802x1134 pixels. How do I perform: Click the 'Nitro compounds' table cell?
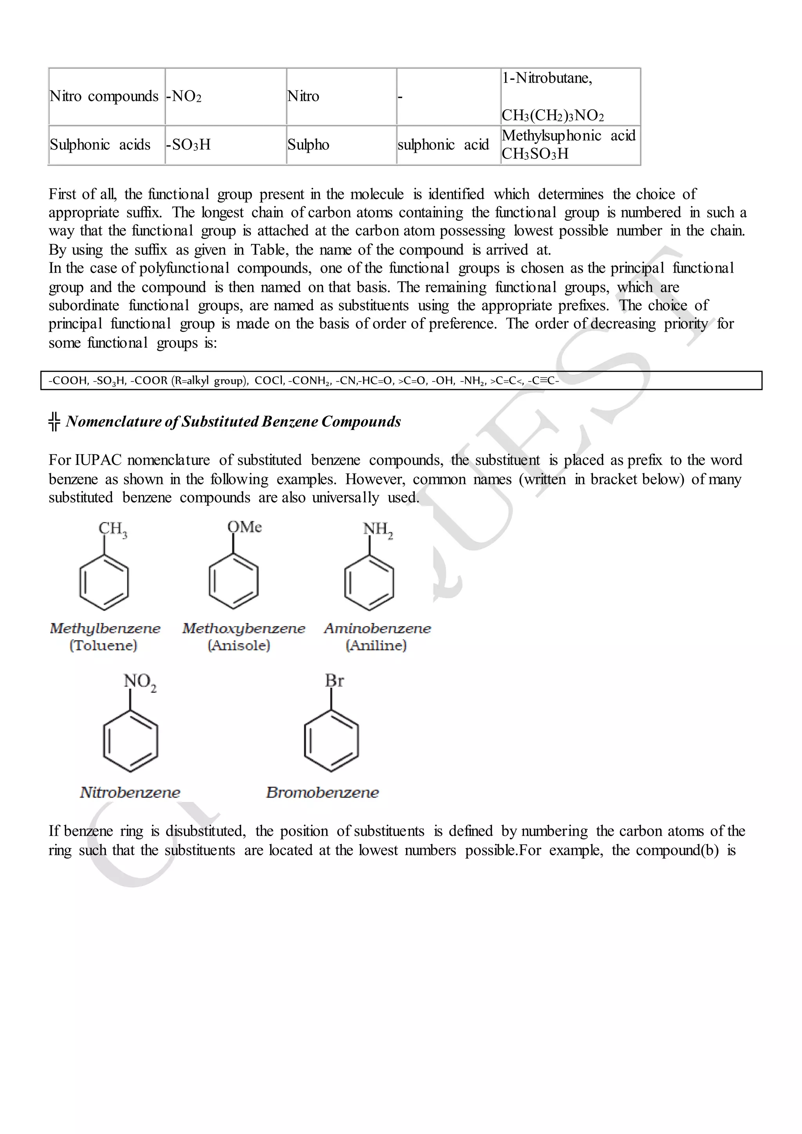click(104, 96)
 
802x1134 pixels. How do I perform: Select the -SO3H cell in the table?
click(189, 145)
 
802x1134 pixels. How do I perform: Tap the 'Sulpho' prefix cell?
click(308, 145)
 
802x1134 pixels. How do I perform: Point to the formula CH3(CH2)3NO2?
click(553, 116)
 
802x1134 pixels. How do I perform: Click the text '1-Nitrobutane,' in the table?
click(547, 78)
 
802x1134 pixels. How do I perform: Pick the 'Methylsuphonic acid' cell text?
click(568, 136)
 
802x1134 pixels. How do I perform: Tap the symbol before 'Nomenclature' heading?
click(54, 421)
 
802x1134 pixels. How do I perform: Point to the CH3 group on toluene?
click(113, 529)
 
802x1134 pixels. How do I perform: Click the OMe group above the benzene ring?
click(244, 527)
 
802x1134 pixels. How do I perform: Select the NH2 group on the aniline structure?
click(378, 529)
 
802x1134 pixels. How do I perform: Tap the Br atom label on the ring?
click(334, 681)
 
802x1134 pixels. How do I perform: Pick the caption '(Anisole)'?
click(239, 646)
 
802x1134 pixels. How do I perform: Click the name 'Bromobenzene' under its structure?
click(322, 792)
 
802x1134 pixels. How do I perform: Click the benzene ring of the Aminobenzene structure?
click(369, 583)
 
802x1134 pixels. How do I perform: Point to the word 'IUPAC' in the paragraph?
click(98, 460)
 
